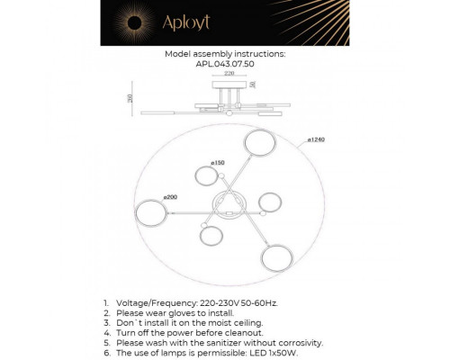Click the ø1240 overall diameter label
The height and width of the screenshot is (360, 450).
pos(315,140)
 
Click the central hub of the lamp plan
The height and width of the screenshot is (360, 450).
pos(224,204)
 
